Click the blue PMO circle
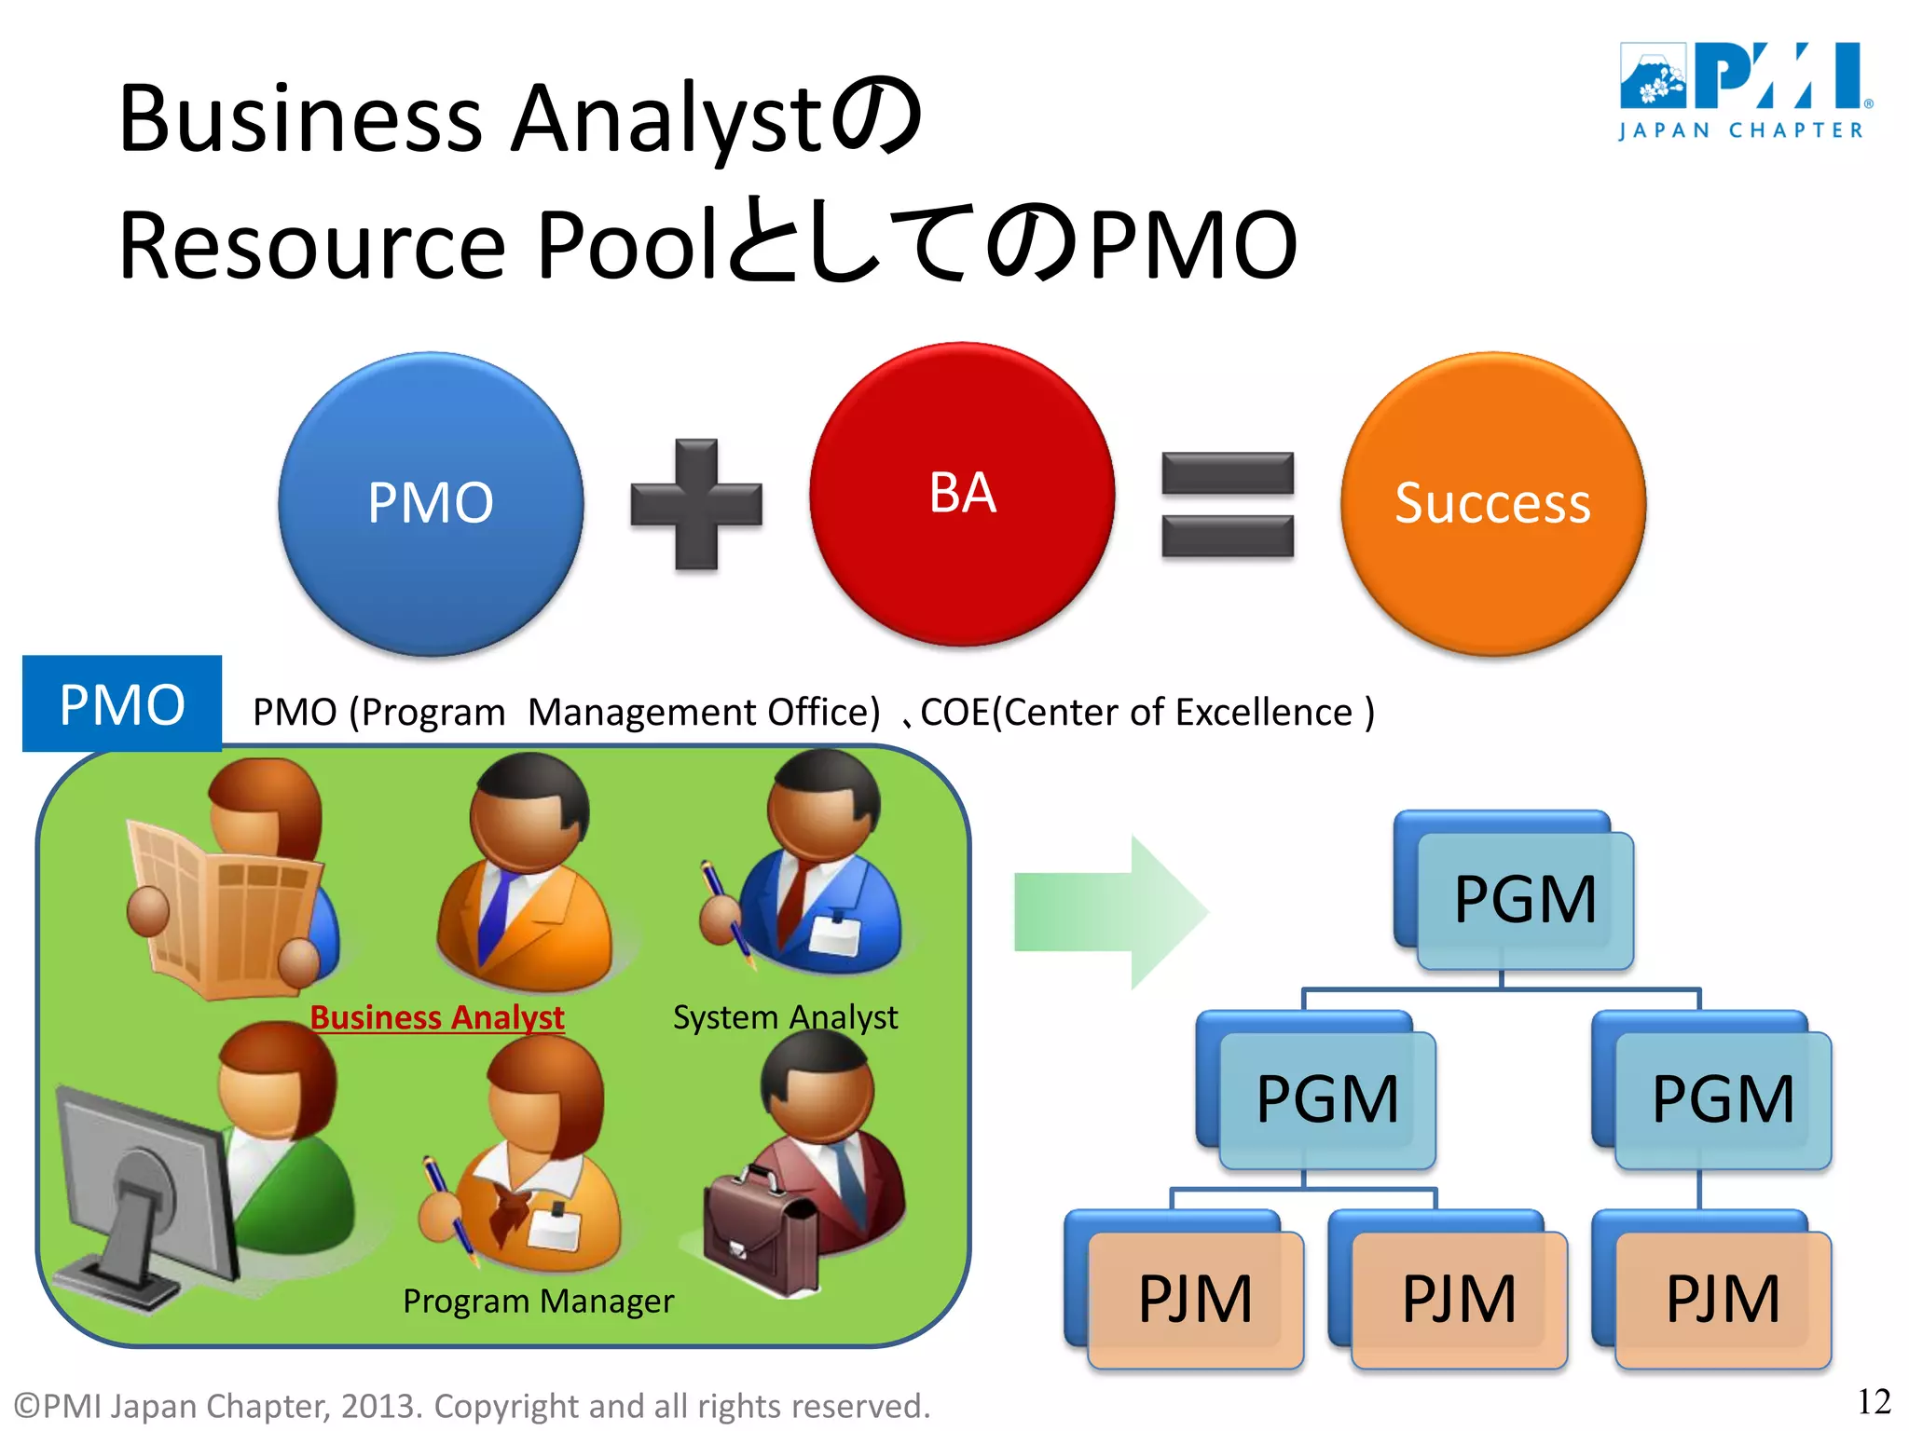[x=431, y=503]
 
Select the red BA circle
[x=962, y=494]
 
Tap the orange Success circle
[x=1492, y=503]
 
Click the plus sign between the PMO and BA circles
[x=696, y=504]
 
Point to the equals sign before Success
[x=1228, y=504]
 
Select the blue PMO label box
[x=122, y=703]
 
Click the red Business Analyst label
[x=436, y=1016]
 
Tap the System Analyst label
[x=785, y=1016]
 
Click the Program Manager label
[x=538, y=1301]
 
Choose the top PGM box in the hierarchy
[x=1524, y=899]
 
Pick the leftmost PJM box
[x=1195, y=1299]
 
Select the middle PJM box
[x=1459, y=1299]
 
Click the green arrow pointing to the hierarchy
[x=1109, y=911]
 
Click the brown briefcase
[x=760, y=1230]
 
